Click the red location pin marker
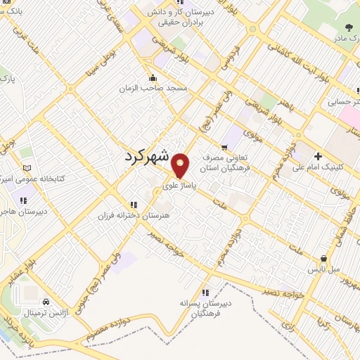tap(181, 165)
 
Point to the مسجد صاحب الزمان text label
tap(162, 88)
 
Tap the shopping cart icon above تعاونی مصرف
tap(224, 147)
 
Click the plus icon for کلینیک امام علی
tap(318, 156)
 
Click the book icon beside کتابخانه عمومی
tap(27, 169)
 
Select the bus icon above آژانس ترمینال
tap(30, 301)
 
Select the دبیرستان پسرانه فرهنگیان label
tap(205, 309)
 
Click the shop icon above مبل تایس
tap(323, 258)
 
